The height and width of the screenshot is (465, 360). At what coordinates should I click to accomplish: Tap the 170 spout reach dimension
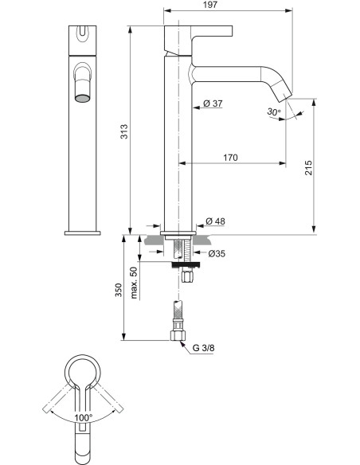pos(229,158)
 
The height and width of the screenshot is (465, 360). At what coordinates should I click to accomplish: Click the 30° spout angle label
pos(274,112)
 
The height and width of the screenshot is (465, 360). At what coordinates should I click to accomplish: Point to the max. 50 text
pos(135,283)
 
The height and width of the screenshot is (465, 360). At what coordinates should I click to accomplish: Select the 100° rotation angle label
pos(83,416)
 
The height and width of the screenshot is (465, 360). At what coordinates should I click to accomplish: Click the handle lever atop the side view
pos(198,32)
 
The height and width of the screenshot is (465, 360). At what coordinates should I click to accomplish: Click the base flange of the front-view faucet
pos(84,232)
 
